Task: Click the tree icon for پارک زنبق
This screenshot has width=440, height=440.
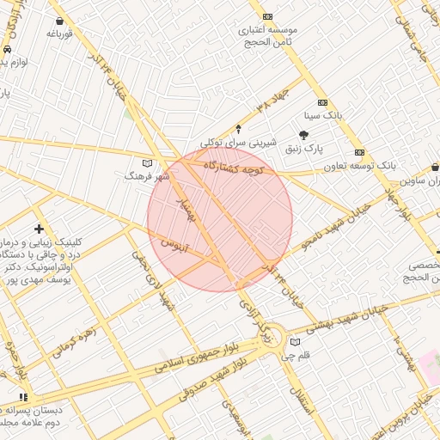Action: pyautogui.click(x=302, y=134)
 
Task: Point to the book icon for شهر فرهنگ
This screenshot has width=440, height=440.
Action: pyautogui.click(x=147, y=162)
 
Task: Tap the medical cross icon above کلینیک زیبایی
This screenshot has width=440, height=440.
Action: pyautogui.click(x=39, y=228)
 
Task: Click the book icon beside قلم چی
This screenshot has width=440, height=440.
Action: pyautogui.click(x=296, y=342)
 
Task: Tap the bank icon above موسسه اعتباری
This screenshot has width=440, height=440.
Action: pyautogui.click(x=268, y=16)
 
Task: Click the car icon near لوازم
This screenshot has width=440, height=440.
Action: pyautogui.click(x=7, y=50)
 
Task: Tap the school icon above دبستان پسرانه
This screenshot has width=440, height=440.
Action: pyautogui.click(x=23, y=397)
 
